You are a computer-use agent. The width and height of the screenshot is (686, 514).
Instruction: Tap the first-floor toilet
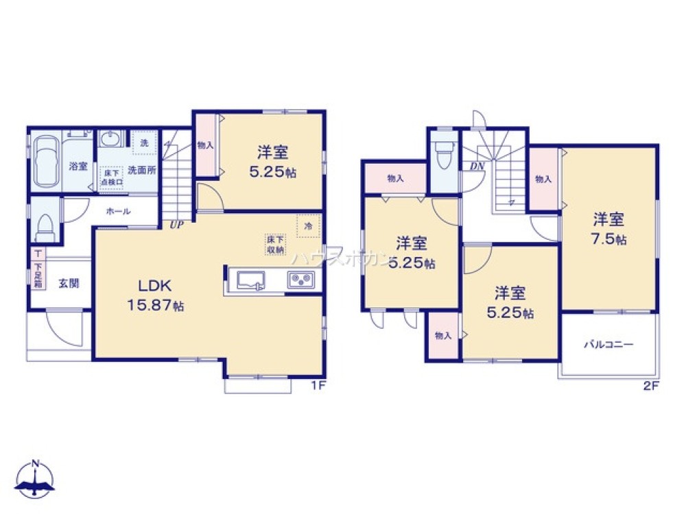coord(46,224)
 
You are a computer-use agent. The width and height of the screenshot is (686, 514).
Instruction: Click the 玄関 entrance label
coord(67,282)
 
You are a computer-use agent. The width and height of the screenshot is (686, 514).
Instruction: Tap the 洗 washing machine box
coord(144,143)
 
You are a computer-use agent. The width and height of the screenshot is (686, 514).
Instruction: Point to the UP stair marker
coord(176,224)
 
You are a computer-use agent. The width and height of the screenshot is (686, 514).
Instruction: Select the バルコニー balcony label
coord(608,345)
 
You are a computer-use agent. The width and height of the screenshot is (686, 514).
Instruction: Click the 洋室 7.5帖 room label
coord(609,230)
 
